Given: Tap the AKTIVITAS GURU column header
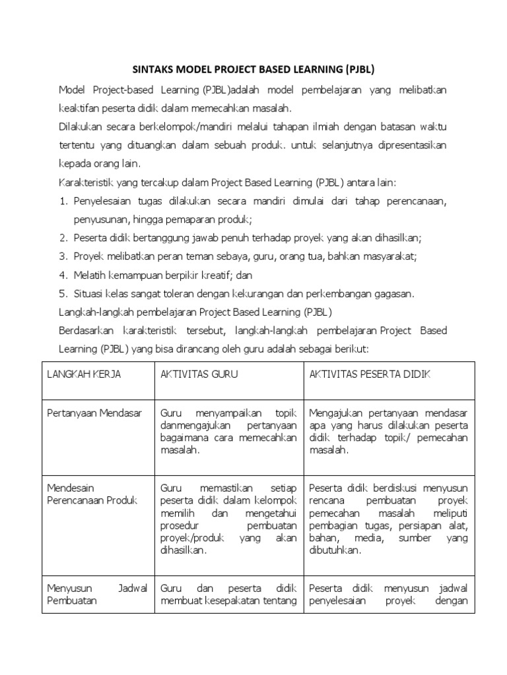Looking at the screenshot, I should coord(199,374).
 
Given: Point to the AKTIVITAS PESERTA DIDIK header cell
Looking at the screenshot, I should coord(370,374).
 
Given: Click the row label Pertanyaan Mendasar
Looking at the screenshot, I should coord(94,413).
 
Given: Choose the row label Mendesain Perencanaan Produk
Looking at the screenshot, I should coord(91,494).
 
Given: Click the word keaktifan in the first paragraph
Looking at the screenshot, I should coord(83,108).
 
